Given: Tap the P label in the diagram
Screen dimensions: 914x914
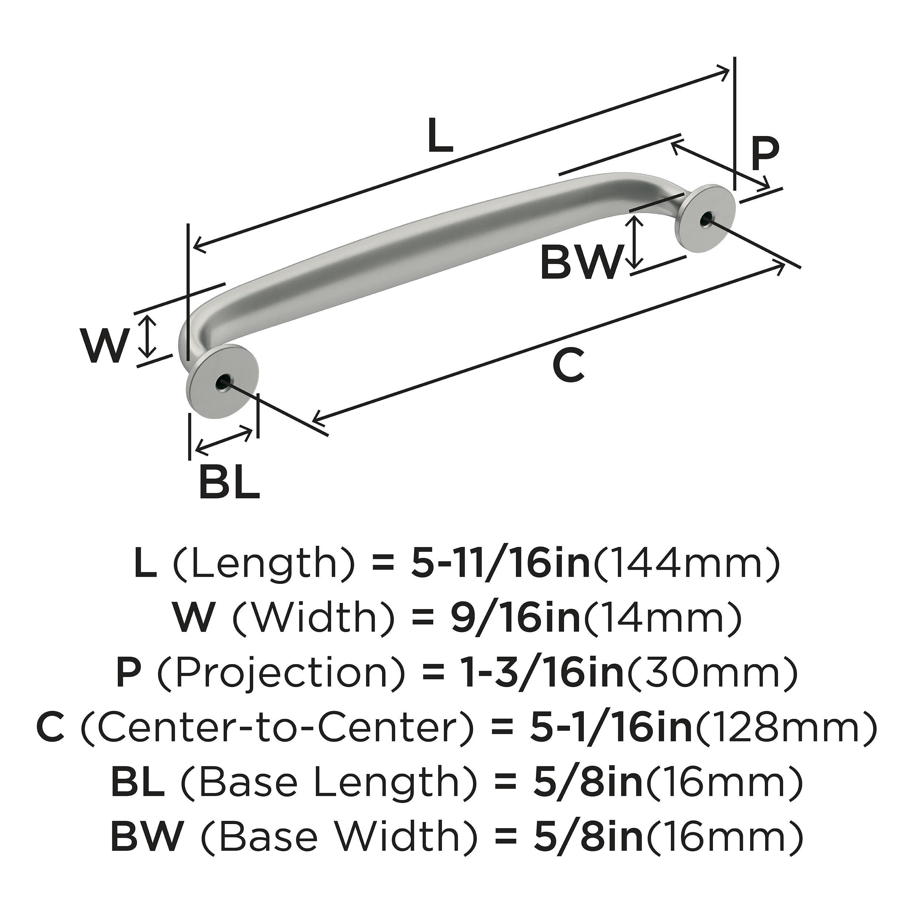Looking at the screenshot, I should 765,154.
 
